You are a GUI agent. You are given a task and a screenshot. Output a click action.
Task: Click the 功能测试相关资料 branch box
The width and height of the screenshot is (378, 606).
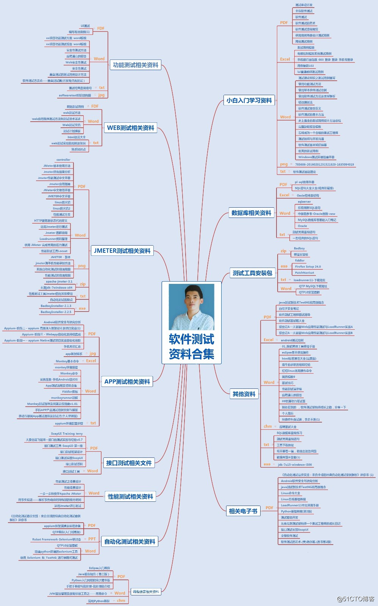pyautogui.click(x=136, y=65)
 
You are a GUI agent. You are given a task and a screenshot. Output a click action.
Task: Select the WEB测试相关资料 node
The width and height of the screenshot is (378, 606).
pyautogui.click(x=131, y=128)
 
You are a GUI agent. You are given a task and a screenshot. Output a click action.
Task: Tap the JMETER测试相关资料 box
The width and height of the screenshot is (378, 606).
pyautogui.click(x=122, y=251)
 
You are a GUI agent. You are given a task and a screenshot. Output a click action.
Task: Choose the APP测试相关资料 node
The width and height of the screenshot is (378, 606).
pyautogui.click(x=127, y=382)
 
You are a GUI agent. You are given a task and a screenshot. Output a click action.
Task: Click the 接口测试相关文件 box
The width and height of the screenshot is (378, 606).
pyautogui.click(x=129, y=463)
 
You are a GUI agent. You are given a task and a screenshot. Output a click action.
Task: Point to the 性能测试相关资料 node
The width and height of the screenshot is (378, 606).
pyautogui.click(x=130, y=496)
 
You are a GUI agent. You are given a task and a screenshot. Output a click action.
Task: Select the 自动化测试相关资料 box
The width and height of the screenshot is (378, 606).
pyautogui.click(x=130, y=542)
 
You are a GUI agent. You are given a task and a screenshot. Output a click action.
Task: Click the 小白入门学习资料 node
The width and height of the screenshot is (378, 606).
pyautogui.click(x=249, y=100)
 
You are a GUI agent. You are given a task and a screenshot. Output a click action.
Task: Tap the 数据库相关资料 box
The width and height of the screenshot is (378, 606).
pyautogui.click(x=251, y=213)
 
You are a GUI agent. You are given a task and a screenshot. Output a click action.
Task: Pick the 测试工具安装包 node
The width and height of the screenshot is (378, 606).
pyautogui.click(x=252, y=273)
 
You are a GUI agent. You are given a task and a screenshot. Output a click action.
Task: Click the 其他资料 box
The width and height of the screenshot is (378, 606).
pyautogui.click(x=244, y=394)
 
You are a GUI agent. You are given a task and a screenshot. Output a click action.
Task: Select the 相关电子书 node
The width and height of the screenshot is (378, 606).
pyautogui.click(x=243, y=511)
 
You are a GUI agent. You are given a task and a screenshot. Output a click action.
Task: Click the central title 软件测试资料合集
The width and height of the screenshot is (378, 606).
pyautogui.click(x=192, y=346)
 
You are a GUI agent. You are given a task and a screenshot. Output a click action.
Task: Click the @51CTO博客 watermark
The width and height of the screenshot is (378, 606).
pyautogui.click(x=355, y=599)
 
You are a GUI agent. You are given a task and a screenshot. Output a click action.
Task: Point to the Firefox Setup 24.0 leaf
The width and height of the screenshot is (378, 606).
pyautogui.click(x=308, y=267)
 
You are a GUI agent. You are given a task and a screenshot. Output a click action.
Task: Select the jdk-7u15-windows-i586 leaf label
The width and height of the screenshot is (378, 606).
pyautogui.click(x=295, y=465)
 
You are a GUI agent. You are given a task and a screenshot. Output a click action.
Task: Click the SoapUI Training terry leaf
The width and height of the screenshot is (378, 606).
pyautogui.click(x=67, y=434)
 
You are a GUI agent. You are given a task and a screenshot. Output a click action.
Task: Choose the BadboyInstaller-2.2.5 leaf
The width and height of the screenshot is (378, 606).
pyautogui.click(x=56, y=312)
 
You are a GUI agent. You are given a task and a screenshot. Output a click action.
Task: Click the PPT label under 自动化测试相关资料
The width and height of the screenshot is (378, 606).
pyautogui.click(x=92, y=539)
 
